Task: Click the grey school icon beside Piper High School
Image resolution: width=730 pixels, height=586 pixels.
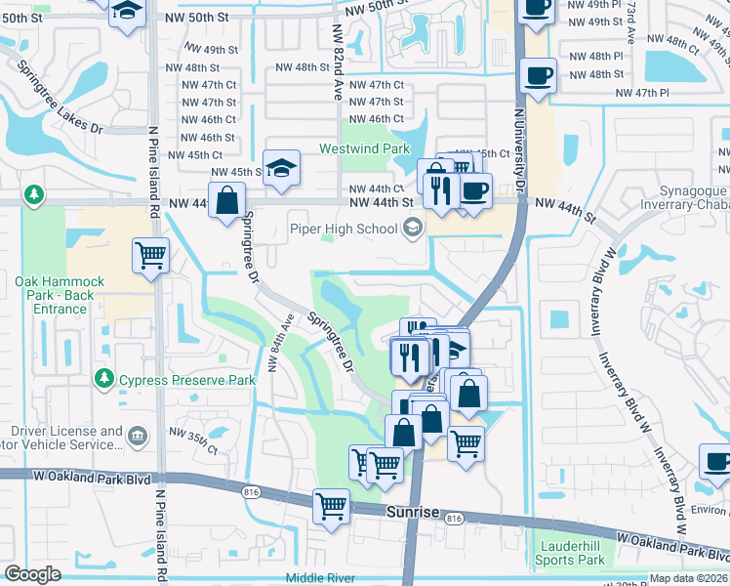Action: [x=412, y=229]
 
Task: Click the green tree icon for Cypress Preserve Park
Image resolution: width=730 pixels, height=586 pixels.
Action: [x=102, y=377]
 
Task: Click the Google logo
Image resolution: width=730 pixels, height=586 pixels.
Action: [x=32, y=574]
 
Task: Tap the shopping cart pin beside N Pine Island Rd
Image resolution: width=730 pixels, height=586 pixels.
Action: [x=150, y=257]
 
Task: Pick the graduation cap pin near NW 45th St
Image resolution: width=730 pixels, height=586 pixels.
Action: [x=281, y=168]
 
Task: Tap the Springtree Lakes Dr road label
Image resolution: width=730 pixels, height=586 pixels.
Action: [x=60, y=97]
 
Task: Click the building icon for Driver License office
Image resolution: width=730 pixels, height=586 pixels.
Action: [x=137, y=435]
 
